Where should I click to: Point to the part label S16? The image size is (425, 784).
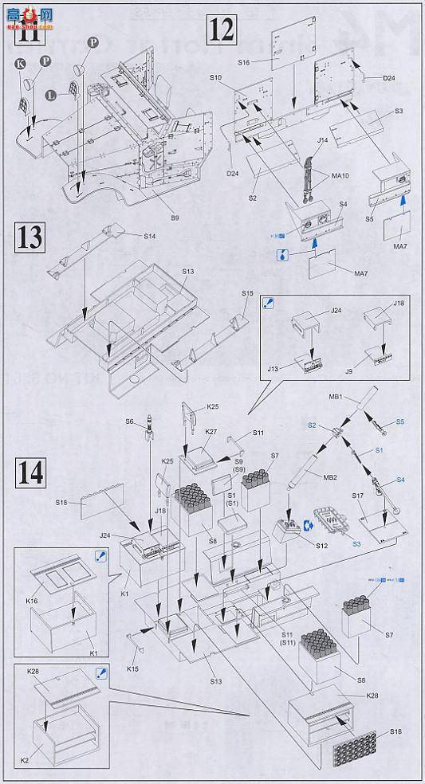pos(244,61)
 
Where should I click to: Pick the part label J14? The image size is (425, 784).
pos(322,140)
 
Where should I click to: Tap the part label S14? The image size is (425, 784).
pos(151,236)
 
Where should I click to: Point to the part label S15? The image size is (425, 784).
pos(247,294)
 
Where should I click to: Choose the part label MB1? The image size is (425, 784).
pos(335,395)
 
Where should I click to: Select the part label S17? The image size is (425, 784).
pos(358,496)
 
